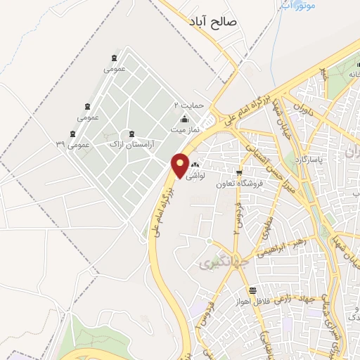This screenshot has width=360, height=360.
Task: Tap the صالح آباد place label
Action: [x=215, y=23]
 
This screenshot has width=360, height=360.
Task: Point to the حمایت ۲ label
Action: [x=189, y=105]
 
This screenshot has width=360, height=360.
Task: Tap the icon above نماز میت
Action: [x=185, y=119]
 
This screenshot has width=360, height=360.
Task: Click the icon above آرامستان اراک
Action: [x=131, y=134]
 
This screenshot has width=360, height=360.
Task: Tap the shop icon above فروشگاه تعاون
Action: [x=239, y=173]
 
